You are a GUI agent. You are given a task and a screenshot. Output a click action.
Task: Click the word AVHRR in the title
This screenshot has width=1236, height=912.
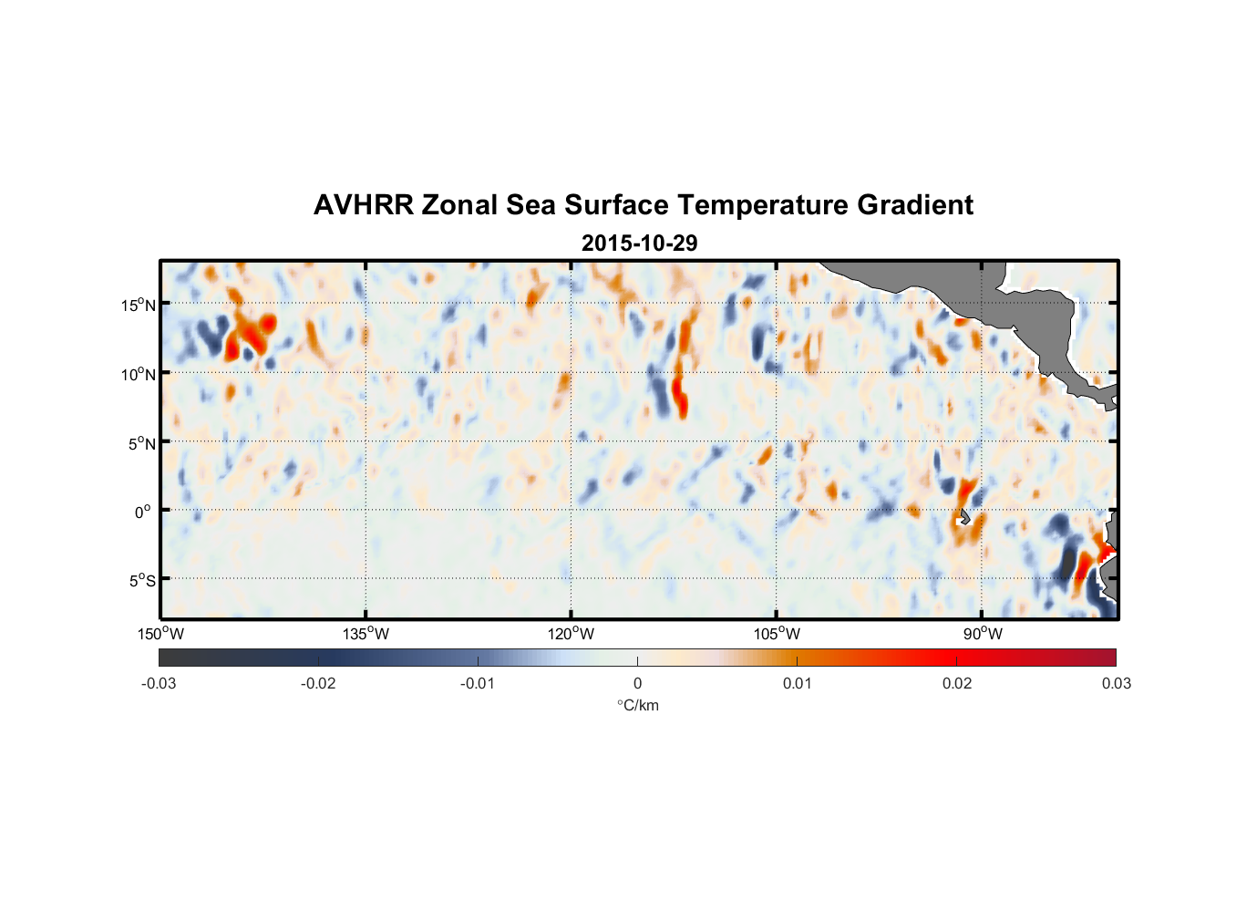[363, 205]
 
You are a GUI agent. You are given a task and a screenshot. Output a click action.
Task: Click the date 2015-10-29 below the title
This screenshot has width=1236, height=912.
[639, 243]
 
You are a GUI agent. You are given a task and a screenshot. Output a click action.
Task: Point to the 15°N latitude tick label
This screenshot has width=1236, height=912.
[139, 305]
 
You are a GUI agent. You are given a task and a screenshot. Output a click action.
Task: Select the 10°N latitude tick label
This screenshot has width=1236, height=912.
[139, 374]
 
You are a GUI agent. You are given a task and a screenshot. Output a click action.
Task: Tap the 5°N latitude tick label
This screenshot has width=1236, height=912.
[141, 443]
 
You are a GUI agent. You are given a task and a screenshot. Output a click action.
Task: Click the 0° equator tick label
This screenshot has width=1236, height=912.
[143, 512]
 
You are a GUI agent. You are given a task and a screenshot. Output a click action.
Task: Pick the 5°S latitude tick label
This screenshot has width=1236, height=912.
[141, 581]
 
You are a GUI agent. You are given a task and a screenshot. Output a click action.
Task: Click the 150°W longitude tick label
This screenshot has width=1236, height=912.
[161, 634]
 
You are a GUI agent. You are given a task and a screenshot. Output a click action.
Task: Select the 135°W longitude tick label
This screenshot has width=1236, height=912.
[366, 634]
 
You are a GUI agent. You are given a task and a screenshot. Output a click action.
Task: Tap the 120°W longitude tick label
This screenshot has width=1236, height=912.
[572, 634]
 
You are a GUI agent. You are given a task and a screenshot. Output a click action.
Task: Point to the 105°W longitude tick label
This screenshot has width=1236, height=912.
[777, 634]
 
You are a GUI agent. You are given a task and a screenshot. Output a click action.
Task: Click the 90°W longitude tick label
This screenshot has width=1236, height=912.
[983, 634]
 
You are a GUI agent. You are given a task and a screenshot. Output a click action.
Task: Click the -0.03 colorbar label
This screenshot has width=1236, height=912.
[159, 683]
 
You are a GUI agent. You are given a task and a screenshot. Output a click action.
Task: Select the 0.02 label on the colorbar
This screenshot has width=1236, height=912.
[957, 683]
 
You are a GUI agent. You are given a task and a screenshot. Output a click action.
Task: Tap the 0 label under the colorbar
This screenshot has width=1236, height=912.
[637, 683]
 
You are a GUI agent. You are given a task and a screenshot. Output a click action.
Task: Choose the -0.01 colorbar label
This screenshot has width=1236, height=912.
[478, 683]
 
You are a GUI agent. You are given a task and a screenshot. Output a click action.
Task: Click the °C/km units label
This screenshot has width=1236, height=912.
[638, 705]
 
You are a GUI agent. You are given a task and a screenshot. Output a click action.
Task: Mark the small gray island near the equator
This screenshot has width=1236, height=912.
[964, 516]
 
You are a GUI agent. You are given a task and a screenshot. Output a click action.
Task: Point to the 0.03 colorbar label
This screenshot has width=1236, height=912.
[1116, 683]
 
